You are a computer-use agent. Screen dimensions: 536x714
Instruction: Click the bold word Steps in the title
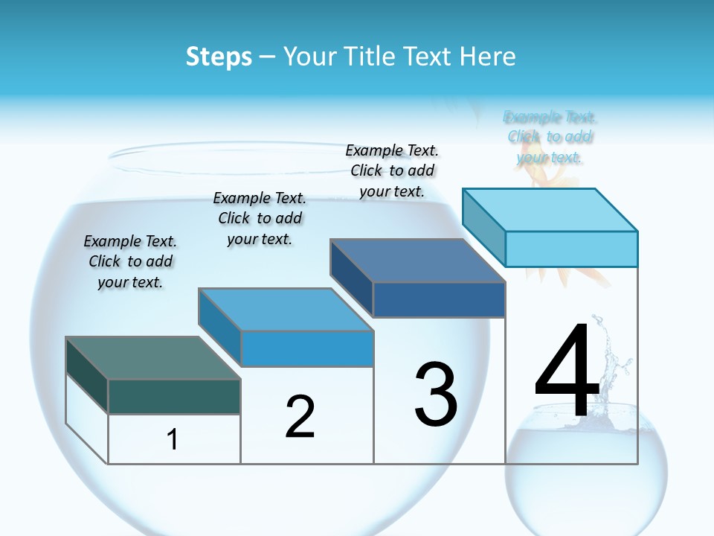[x=219, y=57]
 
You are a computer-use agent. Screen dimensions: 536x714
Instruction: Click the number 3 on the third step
[x=436, y=394]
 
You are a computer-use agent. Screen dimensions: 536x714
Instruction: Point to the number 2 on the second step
[x=300, y=417]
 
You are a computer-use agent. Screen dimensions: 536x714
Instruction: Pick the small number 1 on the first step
[x=173, y=440]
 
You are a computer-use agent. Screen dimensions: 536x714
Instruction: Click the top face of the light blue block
[x=550, y=209]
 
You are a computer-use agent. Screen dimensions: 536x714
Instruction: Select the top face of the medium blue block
[x=286, y=309]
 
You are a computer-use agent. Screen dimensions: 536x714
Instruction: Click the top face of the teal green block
[x=153, y=358]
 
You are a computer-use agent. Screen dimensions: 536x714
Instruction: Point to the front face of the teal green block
[x=174, y=396]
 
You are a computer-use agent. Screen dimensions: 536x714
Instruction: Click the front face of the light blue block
[x=571, y=249]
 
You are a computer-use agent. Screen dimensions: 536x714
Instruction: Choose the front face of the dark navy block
[x=439, y=299]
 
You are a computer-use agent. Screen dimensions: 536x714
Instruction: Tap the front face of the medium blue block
[x=307, y=348]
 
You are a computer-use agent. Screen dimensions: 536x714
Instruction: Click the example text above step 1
[x=130, y=261]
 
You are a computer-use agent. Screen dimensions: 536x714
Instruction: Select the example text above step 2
[x=260, y=218]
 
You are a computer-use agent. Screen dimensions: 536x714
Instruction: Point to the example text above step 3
[x=392, y=170]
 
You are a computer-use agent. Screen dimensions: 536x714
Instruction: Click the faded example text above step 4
[x=550, y=137]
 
